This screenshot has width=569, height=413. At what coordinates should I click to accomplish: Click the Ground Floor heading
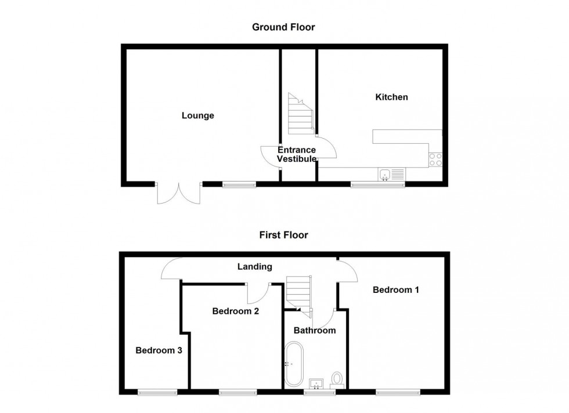[x=283, y=27]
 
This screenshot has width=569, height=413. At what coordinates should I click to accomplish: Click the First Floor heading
[x=283, y=235]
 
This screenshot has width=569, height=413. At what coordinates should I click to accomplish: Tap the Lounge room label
[x=198, y=115]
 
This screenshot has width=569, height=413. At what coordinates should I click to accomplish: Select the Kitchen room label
[x=391, y=97]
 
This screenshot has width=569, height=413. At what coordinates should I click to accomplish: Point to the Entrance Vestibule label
[x=297, y=154]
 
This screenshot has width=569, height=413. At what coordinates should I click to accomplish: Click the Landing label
[x=255, y=267]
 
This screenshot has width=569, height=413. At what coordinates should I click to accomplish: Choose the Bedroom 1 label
[x=395, y=289]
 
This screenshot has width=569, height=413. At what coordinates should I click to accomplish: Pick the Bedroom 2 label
[x=236, y=311]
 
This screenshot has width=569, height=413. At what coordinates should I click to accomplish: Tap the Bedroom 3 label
[x=159, y=350]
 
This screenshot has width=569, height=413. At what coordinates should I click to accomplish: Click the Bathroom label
[x=315, y=330]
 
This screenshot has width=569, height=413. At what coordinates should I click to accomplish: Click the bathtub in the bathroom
[x=294, y=364]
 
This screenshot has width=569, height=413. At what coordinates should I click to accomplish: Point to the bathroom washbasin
[x=316, y=383]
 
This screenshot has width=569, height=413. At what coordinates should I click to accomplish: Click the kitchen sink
[x=391, y=174]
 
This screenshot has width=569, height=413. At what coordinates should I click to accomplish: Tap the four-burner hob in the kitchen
[x=435, y=160]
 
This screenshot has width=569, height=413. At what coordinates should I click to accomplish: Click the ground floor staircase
[x=301, y=114]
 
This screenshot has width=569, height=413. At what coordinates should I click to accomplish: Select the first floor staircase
[x=299, y=294]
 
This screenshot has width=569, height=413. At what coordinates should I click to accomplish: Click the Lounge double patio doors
[x=179, y=193]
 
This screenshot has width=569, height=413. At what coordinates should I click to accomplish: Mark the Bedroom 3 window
[x=157, y=392]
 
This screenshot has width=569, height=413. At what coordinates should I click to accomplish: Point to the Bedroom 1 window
[x=398, y=392]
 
